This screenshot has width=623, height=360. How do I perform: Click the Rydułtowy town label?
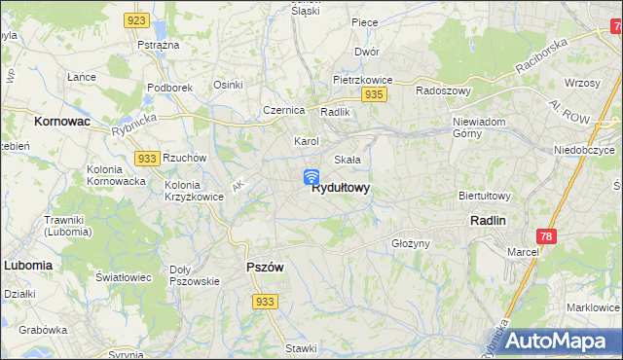click(x=340, y=189)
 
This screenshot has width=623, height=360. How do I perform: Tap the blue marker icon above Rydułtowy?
click(x=311, y=176)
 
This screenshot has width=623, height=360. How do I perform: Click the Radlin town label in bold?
click(x=488, y=221)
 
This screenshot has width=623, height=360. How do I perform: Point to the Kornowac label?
click(x=61, y=123)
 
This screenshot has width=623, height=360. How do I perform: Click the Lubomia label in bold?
click(x=27, y=264)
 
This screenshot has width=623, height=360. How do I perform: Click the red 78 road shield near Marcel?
click(x=548, y=236)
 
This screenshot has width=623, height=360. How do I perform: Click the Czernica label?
click(x=284, y=110)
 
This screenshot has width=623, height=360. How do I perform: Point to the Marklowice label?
click(x=592, y=307)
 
